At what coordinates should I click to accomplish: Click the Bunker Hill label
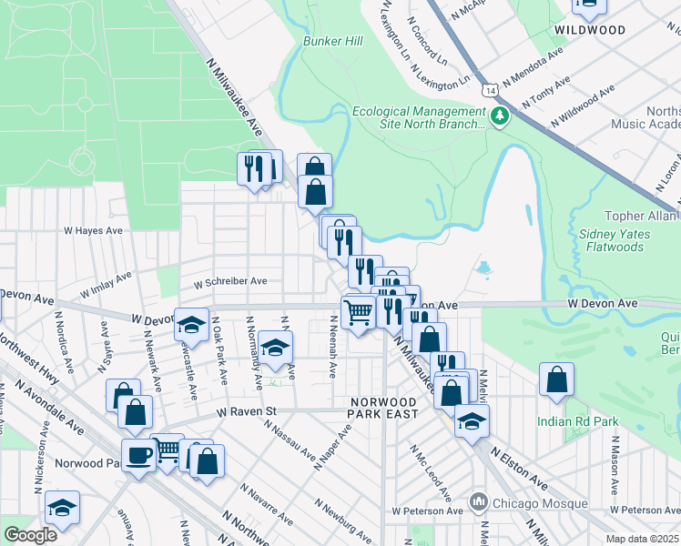[x=332, y=41]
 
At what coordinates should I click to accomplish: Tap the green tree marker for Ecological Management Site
[x=499, y=116]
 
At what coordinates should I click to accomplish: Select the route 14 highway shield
[x=491, y=91]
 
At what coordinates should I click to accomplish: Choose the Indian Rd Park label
[x=577, y=421]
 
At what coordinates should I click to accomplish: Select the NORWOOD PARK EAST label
[x=383, y=408]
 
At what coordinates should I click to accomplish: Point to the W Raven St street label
[x=246, y=411]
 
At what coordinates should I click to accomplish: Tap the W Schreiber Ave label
[x=229, y=281]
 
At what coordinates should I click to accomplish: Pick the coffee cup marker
[x=138, y=457]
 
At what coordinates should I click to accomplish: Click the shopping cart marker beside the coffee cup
[x=168, y=451]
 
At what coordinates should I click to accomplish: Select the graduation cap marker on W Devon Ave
[x=192, y=326]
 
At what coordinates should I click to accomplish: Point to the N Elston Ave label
[x=520, y=465]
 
